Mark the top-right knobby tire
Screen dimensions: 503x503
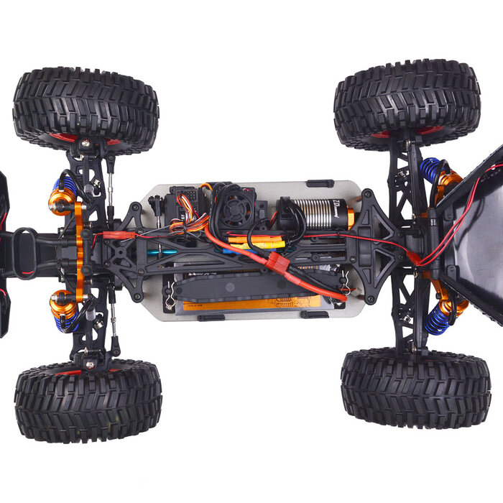pyautogui.click(x=407, y=103)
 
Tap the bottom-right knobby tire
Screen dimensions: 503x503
pyautogui.click(x=415, y=387)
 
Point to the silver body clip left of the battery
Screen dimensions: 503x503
pyautogui.click(x=169, y=300)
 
